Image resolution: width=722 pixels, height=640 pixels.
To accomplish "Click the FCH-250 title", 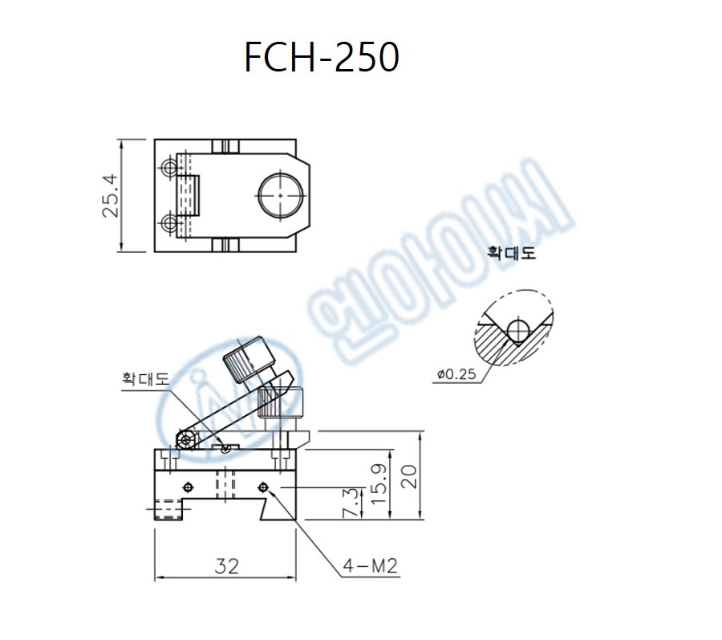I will click(x=322, y=58).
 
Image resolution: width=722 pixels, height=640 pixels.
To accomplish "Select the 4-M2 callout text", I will click(x=370, y=567).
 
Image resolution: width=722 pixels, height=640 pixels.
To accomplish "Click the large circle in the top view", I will click(x=281, y=194).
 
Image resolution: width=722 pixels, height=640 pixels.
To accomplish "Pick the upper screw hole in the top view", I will click(x=169, y=169).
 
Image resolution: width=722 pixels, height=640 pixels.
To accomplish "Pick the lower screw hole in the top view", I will click(x=169, y=222).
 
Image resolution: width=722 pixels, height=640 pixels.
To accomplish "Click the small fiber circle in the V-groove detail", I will click(x=518, y=327).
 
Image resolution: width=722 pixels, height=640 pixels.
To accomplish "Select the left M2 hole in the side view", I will click(x=189, y=487).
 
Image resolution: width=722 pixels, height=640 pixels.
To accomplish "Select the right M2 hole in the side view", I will click(x=263, y=487).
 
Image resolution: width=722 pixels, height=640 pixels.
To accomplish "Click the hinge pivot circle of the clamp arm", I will click(x=185, y=439).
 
